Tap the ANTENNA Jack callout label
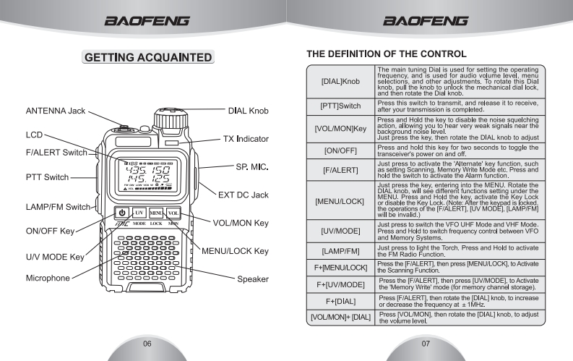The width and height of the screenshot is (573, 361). [56, 111]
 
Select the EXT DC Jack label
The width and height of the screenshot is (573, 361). [243, 194]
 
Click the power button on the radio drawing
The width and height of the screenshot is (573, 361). [121, 213]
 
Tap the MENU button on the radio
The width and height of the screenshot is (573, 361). [156, 213]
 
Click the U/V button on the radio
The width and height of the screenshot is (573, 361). [138, 213]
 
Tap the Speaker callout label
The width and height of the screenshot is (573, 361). [253, 279]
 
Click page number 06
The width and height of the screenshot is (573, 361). [147, 343]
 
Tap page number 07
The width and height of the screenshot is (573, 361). [426, 343]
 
